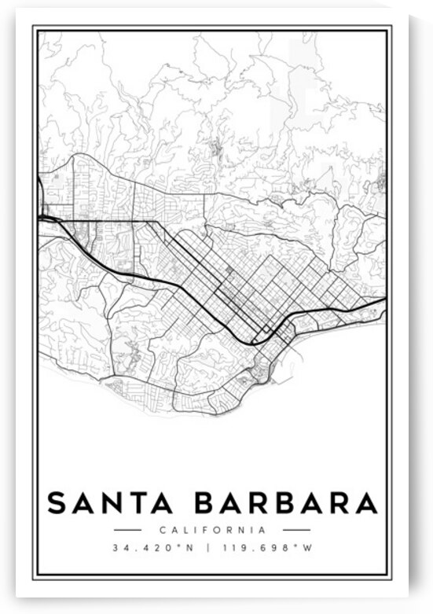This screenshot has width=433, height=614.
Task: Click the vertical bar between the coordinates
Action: [x=207, y=548]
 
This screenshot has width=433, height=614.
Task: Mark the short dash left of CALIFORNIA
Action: [x=127, y=530]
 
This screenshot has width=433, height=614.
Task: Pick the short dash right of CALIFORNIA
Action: [x=296, y=530]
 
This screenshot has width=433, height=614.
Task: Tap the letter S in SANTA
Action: [x=57, y=502]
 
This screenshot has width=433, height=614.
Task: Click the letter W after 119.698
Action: [x=308, y=548]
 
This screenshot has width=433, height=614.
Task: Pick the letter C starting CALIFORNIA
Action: [x=161, y=530]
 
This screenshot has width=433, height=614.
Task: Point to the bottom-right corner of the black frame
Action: [x=391, y=579]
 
